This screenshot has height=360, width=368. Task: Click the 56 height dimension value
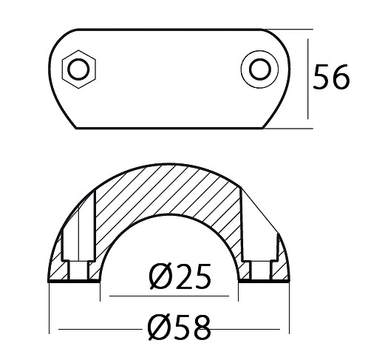(x=331, y=77)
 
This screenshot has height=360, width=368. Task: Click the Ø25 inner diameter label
(x=180, y=276)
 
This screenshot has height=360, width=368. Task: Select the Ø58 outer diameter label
(x=180, y=327)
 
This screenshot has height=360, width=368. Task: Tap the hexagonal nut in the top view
(x=79, y=69)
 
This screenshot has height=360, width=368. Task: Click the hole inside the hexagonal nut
(x=79, y=69)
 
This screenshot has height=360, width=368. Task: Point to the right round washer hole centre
(x=260, y=69)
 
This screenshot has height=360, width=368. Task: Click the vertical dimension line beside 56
(x=308, y=79)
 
